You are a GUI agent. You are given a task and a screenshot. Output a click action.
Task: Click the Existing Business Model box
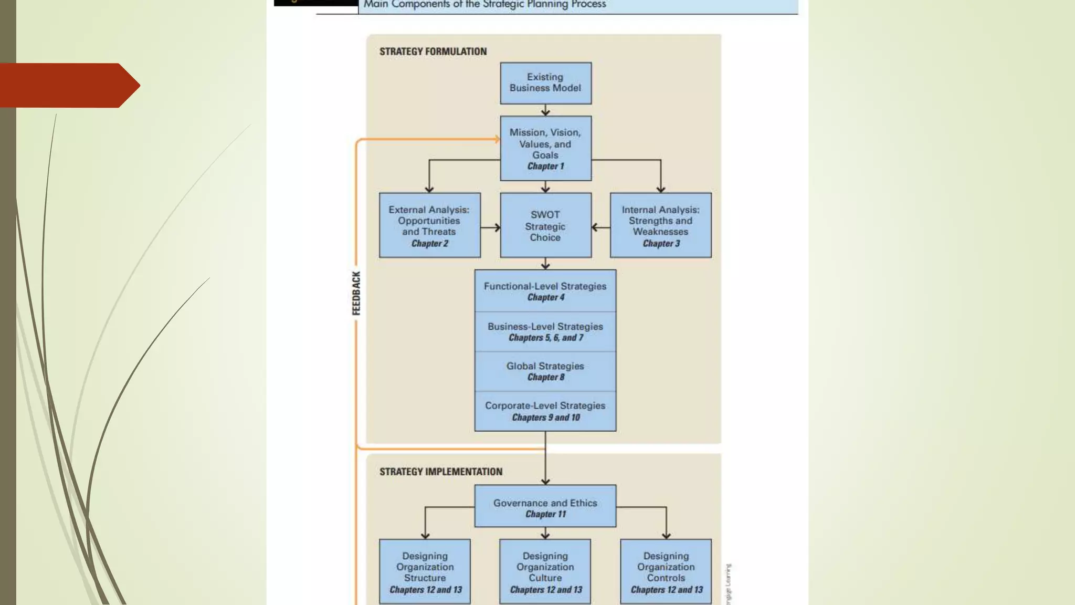click(545, 83)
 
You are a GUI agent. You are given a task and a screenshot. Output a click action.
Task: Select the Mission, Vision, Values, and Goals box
click(545, 149)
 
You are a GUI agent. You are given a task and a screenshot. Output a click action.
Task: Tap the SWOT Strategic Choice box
click(545, 225)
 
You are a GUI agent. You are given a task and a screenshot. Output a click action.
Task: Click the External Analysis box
click(429, 225)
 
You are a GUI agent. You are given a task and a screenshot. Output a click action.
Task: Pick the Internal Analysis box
click(660, 225)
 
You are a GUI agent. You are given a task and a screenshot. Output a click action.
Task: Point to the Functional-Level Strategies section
click(545, 291)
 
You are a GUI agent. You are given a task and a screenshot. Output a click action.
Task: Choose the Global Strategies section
click(545, 371)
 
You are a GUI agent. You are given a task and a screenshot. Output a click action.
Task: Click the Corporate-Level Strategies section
click(545, 411)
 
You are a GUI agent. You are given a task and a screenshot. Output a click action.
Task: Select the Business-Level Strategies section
click(545, 331)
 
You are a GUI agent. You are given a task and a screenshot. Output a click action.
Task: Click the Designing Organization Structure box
click(425, 571)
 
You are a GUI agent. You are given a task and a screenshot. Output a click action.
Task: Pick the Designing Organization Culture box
click(545, 571)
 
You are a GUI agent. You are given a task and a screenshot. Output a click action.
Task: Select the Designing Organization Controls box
click(666, 571)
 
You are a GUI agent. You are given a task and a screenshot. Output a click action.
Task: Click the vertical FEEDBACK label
click(356, 293)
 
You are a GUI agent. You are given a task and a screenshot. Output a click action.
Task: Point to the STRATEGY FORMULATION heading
click(433, 51)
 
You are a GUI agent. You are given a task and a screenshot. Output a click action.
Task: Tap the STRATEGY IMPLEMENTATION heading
click(441, 472)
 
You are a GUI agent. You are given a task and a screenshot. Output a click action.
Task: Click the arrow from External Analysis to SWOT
click(490, 227)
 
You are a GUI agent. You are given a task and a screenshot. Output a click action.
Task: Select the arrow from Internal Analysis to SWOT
click(601, 227)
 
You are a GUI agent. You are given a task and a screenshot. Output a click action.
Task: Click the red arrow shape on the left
click(68, 85)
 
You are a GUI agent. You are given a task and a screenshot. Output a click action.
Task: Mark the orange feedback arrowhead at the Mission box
click(497, 139)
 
